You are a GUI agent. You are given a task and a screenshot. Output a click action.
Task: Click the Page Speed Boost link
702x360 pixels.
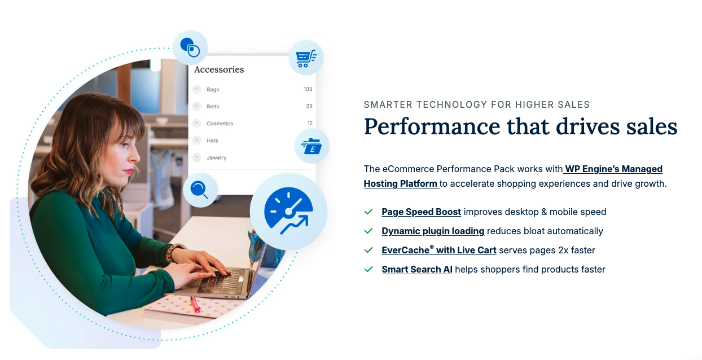(x=421, y=212)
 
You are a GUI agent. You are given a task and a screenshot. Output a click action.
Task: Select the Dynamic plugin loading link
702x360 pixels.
(x=433, y=231)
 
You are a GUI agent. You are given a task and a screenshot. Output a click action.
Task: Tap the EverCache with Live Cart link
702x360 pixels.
(x=438, y=250)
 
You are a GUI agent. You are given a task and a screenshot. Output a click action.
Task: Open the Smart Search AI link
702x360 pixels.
(x=416, y=270)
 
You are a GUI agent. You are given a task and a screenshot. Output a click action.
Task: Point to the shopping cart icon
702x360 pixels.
(x=306, y=58)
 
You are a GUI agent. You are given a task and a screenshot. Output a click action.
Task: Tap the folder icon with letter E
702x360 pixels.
(x=311, y=147)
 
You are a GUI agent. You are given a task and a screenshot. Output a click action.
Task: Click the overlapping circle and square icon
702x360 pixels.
(x=190, y=47)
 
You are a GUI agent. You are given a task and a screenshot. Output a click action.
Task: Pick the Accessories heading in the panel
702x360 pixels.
(x=219, y=69)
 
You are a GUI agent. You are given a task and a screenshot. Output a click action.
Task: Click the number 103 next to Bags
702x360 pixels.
(x=308, y=89)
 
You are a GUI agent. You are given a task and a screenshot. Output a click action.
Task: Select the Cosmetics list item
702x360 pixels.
(x=220, y=124)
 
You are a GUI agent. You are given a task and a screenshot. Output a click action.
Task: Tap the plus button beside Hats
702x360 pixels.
(x=196, y=140)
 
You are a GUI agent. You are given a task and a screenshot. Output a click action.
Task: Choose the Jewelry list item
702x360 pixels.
(x=216, y=157)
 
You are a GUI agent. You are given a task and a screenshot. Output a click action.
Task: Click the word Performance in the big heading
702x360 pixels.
(x=433, y=126)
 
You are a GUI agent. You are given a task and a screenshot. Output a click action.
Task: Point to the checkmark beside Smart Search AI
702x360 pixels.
(x=368, y=270)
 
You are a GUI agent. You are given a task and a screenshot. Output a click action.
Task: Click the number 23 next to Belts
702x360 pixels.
(x=309, y=106)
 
